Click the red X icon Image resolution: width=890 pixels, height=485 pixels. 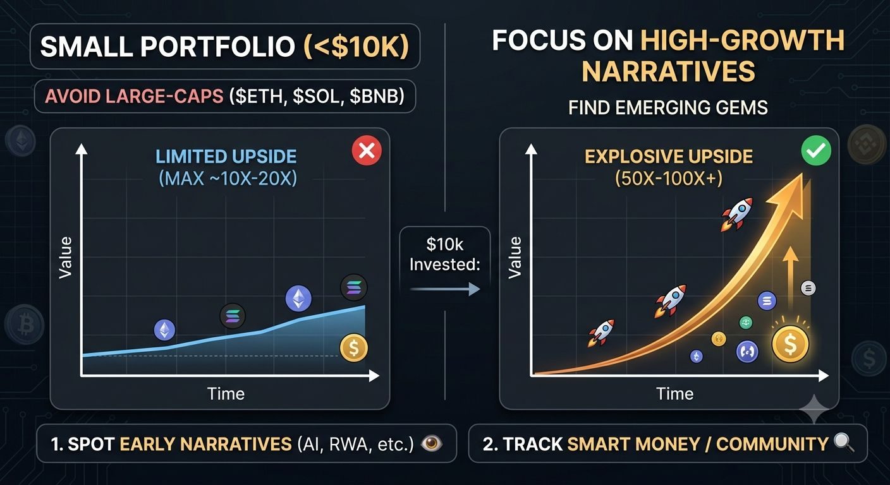pyautogui.click(x=367, y=150)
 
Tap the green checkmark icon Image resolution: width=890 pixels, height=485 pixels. pyautogui.click(x=816, y=150)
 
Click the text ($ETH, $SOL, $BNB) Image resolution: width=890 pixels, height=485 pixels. pyautogui.click(x=317, y=97)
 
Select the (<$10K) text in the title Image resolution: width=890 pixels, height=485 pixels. pyautogui.click(x=356, y=47)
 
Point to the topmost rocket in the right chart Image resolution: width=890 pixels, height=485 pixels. pyautogui.click(x=737, y=214)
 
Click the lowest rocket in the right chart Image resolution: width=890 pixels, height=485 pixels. pyautogui.click(x=600, y=333)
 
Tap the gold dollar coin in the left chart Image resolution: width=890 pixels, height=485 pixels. pyautogui.click(x=353, y=348)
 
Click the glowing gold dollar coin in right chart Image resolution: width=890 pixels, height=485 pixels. pyautogui.click(x=790, y=344)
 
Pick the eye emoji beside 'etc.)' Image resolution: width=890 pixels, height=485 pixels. pyautogui.click(x=431, y=443)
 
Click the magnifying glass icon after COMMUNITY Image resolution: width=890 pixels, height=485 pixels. pyautogui.click(x=843, y=443)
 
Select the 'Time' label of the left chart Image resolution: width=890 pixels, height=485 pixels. pyautogui.click(x=226, y=393)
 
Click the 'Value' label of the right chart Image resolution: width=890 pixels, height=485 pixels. pyautogui.click(x=515, y=258)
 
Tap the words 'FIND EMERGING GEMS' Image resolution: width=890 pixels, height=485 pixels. pyautogui.click(x=668, y=107)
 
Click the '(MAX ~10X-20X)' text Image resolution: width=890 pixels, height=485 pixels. pyautogui.click(x=228, y=179)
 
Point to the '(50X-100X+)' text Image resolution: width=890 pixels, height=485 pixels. pyautogui.click(x=669, y=179)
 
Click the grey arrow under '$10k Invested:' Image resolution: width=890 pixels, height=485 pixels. pyautogui.click(x=445, y=289)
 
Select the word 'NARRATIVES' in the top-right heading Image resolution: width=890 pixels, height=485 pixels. pyautogui.click(x=668, y=71)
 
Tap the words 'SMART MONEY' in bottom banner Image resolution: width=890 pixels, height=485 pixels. pyautogui.click(x=633, y=444)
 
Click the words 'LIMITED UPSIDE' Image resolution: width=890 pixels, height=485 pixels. pyautogui.click(x=226, y=157)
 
